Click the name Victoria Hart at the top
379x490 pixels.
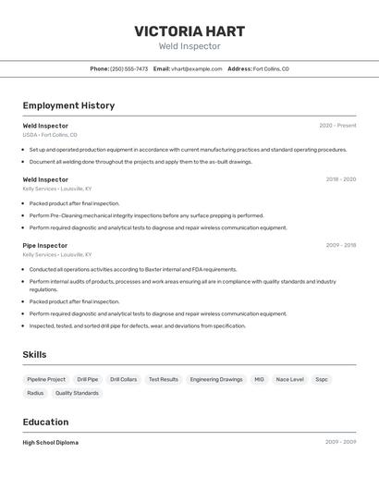pos(189,31)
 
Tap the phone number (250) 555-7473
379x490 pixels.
pos(128,68)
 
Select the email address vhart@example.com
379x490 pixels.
pos(196,68)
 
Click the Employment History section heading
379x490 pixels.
pos(68,105)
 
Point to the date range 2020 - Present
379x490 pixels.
pos(337,126)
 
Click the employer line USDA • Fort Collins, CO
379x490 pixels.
pos(50,135)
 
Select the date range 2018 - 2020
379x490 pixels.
pos(340,179)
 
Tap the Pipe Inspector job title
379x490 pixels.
pos(45,246)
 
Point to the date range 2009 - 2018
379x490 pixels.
pos(340,246)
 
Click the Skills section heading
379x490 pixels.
pos(34,354)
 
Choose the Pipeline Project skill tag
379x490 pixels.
pos(46,379)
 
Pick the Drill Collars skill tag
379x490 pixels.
pos(123,379)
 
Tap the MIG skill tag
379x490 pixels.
pos(259,379)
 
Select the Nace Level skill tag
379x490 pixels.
pos(289,379)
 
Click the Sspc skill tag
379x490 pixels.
pos(321,379)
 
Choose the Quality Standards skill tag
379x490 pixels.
pos(77,393)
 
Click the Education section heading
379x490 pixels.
pos(46,422)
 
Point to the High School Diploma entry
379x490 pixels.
pos(51,443)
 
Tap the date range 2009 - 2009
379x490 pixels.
pos(340,443)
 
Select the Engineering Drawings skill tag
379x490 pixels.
pos(216,379)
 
